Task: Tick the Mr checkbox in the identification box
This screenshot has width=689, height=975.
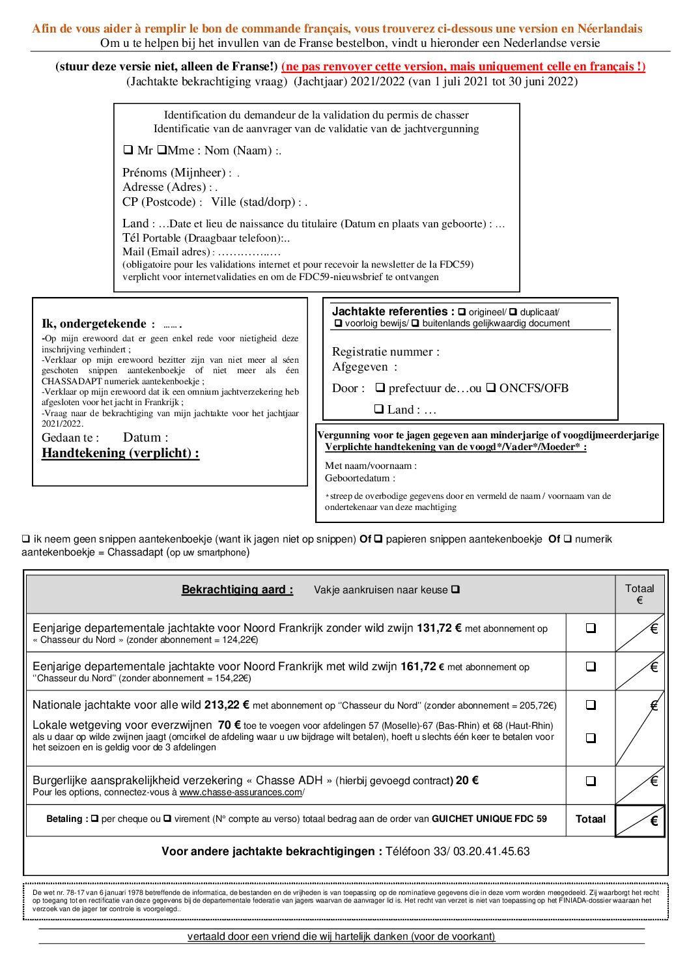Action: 128,150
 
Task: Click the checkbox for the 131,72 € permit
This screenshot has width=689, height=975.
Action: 591,629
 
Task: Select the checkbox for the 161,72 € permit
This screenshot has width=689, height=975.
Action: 591,667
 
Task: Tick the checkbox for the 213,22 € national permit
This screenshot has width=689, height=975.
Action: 591,705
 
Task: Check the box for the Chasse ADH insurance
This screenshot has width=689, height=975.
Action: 591,782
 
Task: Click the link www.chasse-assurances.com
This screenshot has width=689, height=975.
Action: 240,793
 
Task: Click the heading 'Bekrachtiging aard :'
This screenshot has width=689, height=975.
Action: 237,590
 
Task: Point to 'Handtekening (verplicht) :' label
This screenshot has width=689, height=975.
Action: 120,453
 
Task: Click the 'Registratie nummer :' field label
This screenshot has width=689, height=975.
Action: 386,352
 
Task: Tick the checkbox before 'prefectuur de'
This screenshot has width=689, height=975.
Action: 380,388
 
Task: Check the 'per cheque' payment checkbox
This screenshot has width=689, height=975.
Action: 95,819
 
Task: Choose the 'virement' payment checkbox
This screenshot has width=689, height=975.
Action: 167,819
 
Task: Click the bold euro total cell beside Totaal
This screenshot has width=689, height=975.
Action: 640,821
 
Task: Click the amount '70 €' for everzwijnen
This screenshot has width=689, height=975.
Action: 229,725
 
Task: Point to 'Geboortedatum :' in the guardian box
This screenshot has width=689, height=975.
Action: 359,478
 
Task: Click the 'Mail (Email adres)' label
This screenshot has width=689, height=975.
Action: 166,252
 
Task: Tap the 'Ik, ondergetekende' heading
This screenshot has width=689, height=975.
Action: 94,324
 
